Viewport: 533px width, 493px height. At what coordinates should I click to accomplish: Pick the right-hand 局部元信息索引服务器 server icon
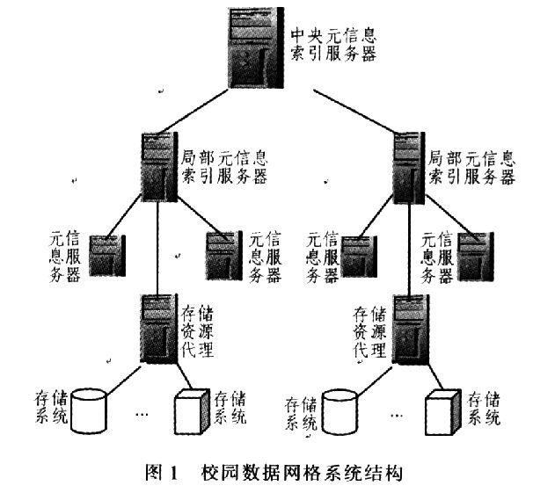click(407, 167)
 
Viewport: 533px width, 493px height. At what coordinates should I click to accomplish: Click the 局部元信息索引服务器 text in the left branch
click(223, 167)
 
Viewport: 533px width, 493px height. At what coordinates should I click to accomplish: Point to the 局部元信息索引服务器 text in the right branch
click(471, 167)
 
